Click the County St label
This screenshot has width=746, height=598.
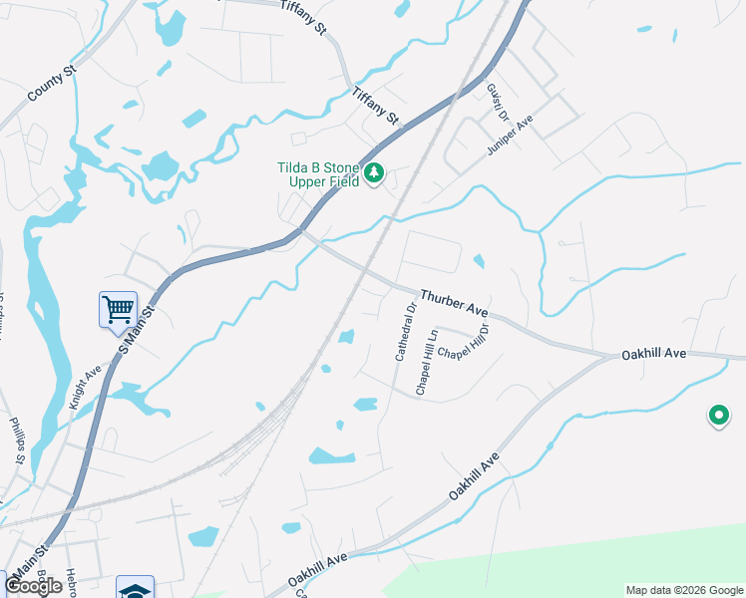(53, 83)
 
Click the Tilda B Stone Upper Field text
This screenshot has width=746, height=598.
(317, 173)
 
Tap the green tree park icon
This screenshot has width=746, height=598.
(374, 174)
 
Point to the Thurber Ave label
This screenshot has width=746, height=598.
(454, 303)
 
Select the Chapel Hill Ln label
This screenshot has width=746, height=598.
(427, 362)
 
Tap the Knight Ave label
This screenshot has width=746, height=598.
(86, 389)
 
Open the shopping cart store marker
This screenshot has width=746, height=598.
(118, 309)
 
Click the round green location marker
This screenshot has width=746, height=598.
(717, 416)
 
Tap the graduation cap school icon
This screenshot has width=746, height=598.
(135, 588)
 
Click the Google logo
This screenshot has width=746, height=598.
(33, 586)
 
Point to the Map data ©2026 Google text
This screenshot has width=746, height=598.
(684, 590)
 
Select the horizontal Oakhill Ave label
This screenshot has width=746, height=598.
(654, 354)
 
